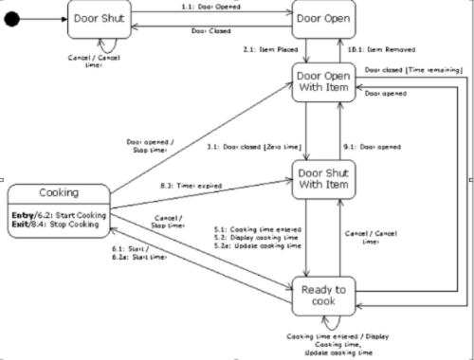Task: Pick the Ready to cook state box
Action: click(323, 294)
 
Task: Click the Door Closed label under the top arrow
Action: click(212, 30)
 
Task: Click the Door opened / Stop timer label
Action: click(148, 147)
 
